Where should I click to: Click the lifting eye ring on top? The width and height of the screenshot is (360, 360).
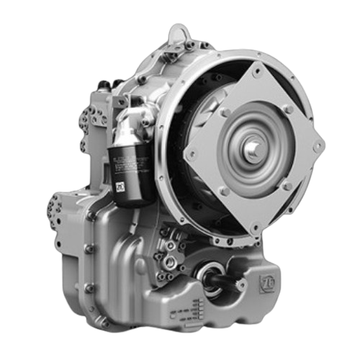coord(179,32)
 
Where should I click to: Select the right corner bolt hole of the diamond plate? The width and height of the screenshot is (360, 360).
coord(317,146)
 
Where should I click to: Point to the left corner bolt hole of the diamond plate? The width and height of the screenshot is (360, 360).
coord(192,153)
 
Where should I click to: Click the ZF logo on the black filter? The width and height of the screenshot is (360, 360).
coord(120,189)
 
